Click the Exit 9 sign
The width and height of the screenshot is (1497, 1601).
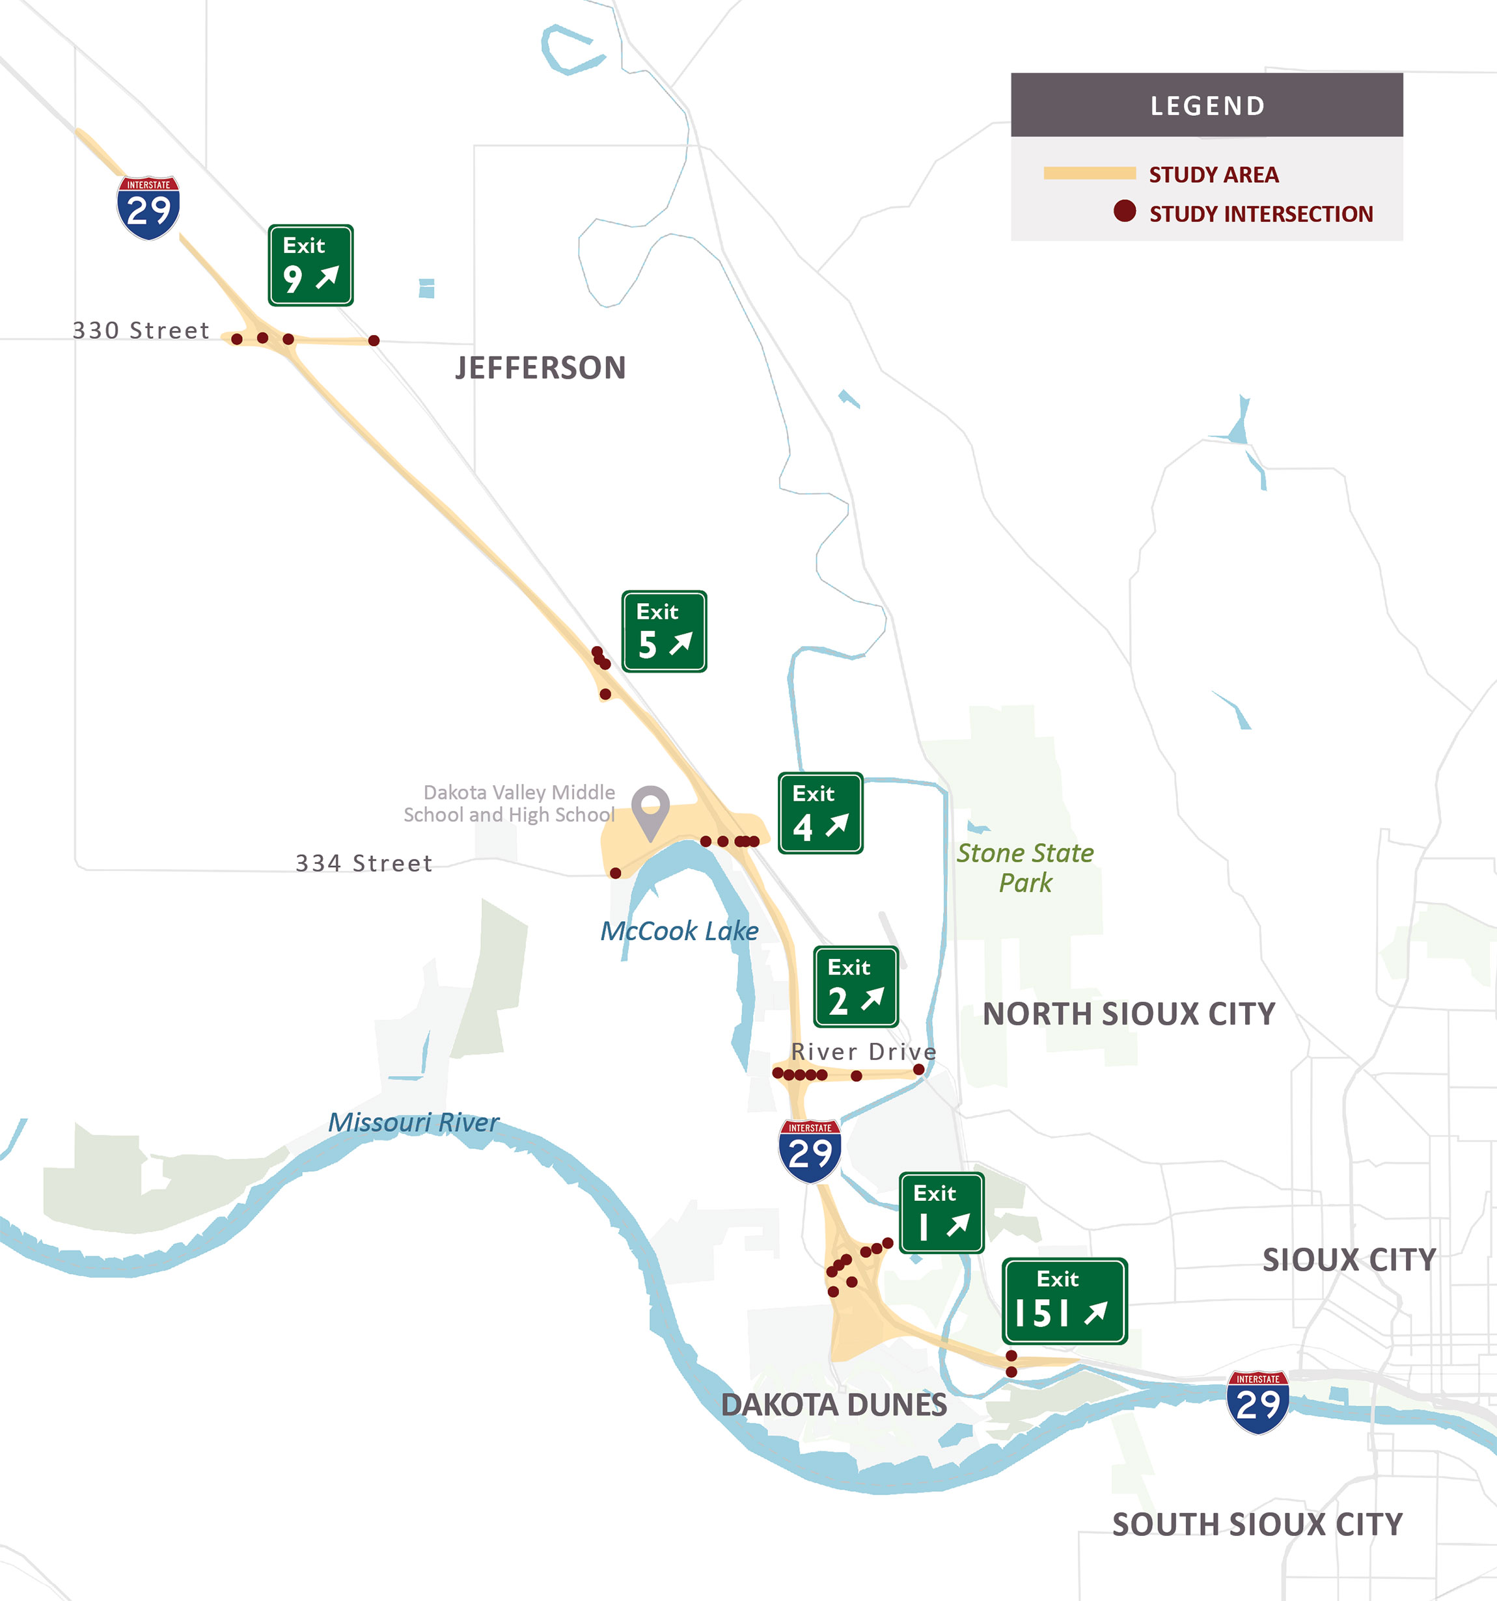[x=310, y=265]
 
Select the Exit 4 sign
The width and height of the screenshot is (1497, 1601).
[x=820, y=813]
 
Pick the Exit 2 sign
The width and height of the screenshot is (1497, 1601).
[x=856, y=986]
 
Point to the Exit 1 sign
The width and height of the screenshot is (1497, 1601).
[x=941, y=1213]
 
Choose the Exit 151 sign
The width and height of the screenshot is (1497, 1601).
[x=1064, y=1301]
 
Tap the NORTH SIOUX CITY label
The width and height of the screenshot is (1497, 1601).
[x=1129, y=1014]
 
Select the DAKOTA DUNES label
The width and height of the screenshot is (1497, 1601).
[x=834, y=1405]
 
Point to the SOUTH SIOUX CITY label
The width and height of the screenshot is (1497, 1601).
[x=1257, y=1524]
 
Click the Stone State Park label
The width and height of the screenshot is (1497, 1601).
[x=1025, y=868]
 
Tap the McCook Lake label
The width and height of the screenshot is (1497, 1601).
[x=680, y=931]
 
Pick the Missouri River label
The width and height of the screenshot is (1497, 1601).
[x=413, y=1123]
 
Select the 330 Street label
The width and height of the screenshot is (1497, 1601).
[x=141, y=330]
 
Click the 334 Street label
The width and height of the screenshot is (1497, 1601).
[x=364, y=863]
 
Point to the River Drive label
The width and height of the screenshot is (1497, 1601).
[x=864, y=1052]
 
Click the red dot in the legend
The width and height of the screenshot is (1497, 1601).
[x=1125, y=212]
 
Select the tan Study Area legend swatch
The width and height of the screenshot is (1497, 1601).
[x=1090, y=173]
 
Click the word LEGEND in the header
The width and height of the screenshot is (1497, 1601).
[x=1207, y=105]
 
